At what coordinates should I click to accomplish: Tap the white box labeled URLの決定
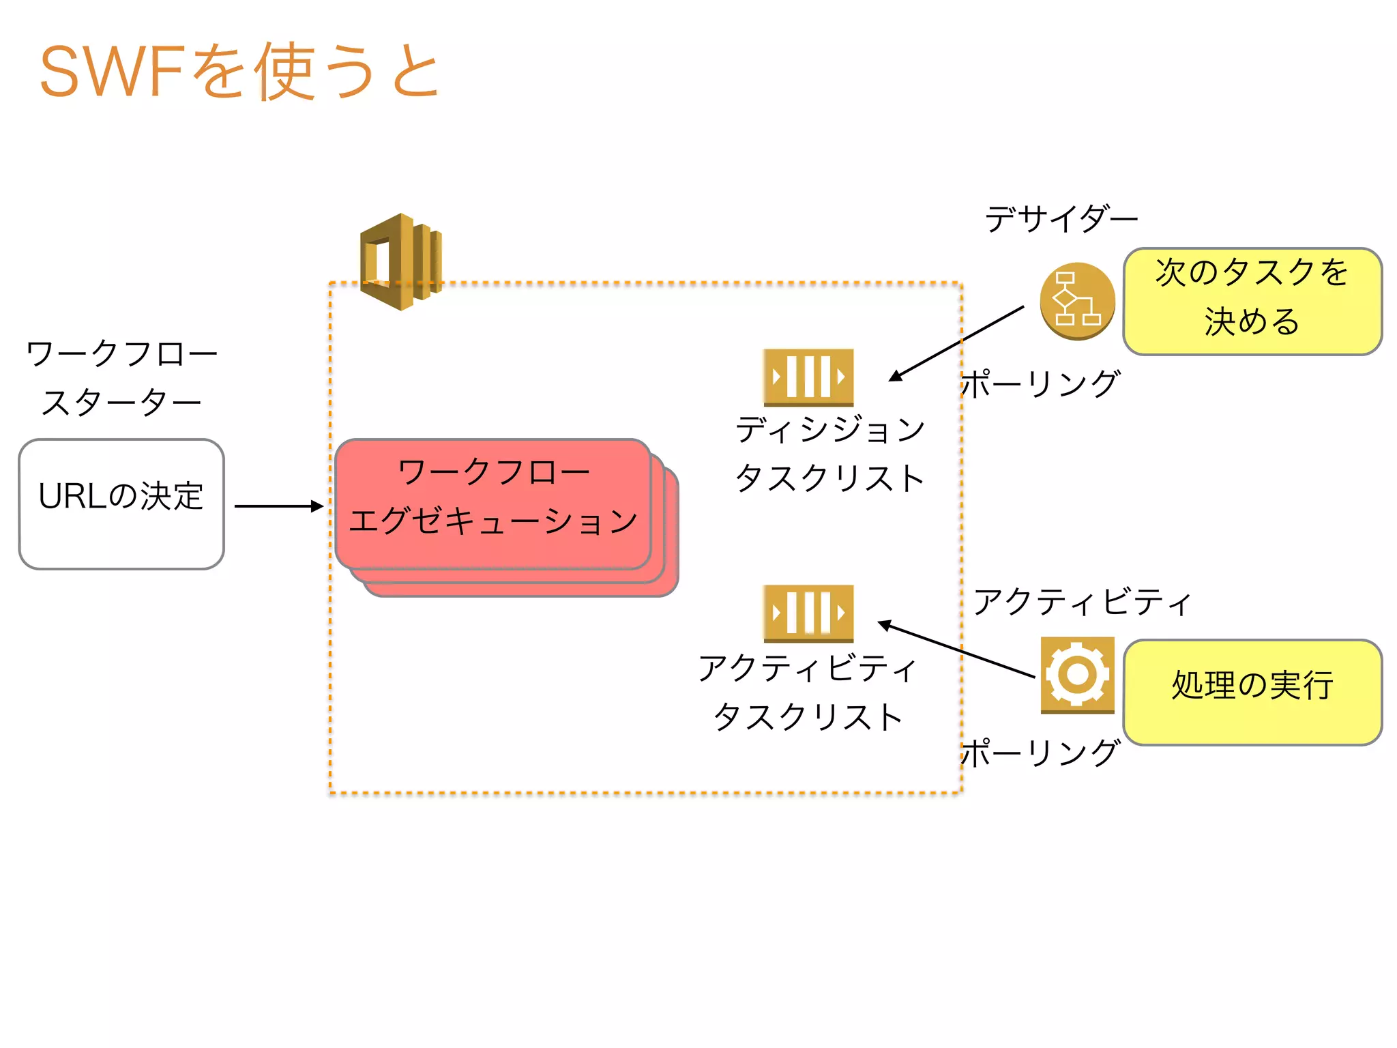pos(121,504)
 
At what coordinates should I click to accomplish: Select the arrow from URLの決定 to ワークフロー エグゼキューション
pos(278,506)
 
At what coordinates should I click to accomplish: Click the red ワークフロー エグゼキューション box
pos(492,503)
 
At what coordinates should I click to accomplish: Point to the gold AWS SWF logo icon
pos(401,261)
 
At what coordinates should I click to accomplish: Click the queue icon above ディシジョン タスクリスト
pos(808,377)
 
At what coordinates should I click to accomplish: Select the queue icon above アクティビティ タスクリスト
pos(808,613)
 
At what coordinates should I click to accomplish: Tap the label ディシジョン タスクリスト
pos(829,454)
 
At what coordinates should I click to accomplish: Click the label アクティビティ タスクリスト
pos(808,692)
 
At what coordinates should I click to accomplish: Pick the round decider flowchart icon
pos(1077,301)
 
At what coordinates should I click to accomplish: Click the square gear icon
pos(1077,675)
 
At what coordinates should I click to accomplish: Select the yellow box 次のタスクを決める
pos(1252,301)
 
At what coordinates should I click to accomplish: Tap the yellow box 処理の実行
pos(1252,692)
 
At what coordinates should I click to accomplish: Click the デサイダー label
pos(1061,219)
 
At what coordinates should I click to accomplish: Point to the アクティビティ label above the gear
pos(1082,602)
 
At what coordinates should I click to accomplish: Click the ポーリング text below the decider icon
pos(1041,384)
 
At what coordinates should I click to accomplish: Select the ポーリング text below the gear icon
pos(1041,753)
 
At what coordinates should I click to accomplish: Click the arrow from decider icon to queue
pos(957,343)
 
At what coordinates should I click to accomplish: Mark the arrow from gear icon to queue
pos(956,650)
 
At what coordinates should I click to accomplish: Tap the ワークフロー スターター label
pos(121,377)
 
